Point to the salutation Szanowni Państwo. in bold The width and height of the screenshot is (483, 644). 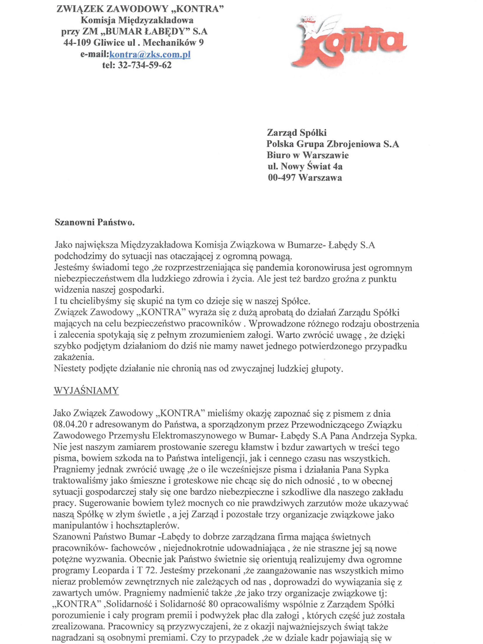(95, 223)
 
